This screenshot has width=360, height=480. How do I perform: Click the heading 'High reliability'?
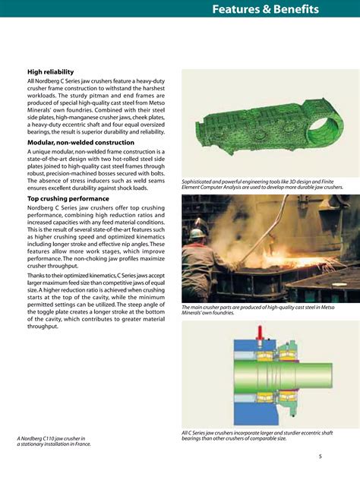53,72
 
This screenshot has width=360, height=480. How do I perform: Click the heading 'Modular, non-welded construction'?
81,142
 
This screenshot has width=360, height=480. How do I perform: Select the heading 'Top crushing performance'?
70,198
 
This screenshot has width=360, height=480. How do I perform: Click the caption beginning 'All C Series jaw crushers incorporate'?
257,435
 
